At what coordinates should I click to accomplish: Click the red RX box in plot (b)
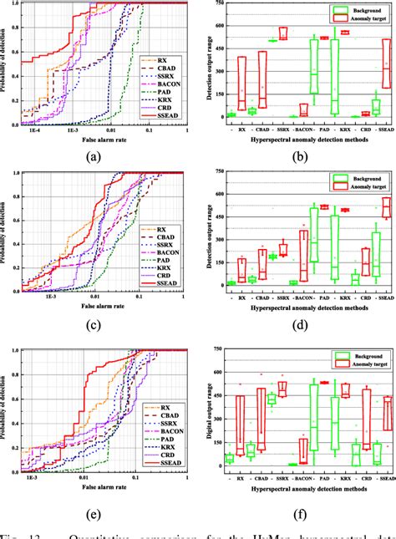click(x=242, y=82)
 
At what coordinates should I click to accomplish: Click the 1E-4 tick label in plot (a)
click(x=33, y=131)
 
